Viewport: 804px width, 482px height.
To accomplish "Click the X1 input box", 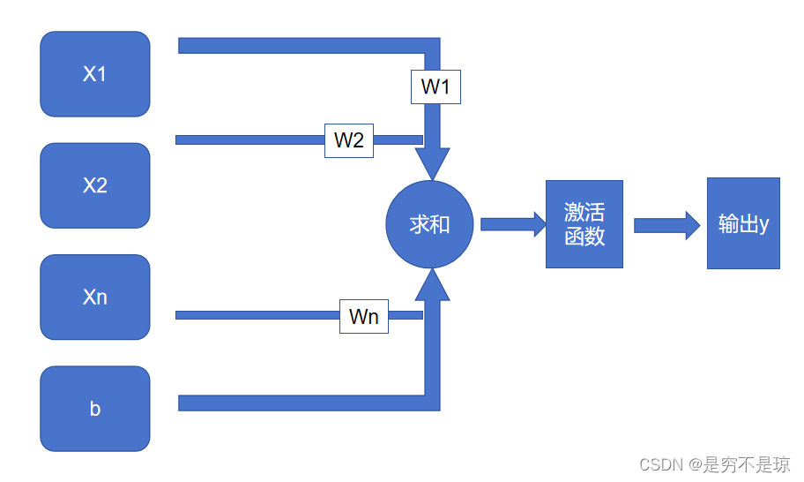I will [x=95, y=74].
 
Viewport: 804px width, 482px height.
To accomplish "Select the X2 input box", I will [x=95, y=185].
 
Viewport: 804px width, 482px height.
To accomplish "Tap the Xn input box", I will [x=95, y=297].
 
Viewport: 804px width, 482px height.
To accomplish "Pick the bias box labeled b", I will [x=95, y=409].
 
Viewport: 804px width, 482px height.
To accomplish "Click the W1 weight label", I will [x=435, y=87].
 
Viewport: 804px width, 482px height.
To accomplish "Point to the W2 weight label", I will [x=349, y=139].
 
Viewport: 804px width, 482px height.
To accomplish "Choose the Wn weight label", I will [x=364, y=316].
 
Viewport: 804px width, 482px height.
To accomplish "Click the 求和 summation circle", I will [x=430, y=224].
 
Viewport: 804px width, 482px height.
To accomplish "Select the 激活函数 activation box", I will [x=584, y=224].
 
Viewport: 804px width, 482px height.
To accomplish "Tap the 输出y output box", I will [x=743, y=223].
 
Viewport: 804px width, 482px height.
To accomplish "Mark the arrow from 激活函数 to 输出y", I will [x=666, y=224].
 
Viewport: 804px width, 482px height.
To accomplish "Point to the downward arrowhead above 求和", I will [x=432, y=163].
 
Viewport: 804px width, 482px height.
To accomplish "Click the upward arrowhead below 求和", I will [x=432, y=284].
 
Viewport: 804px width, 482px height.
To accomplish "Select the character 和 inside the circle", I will [x=440, y=224].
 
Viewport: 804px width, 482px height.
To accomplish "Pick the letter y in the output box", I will [x=763, y=224].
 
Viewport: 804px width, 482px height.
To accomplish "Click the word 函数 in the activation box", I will [x=584, y=236].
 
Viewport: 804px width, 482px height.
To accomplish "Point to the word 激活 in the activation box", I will [x=584, y=213].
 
